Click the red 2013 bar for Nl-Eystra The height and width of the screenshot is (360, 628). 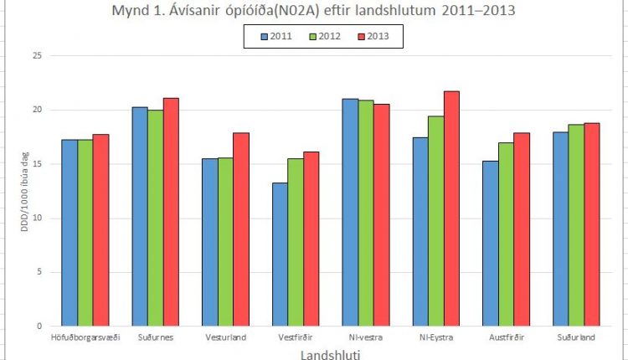(451, 208)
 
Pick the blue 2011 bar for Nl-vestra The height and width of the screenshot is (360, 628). (350, 213)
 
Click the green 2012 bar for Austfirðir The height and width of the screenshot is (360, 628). (506, 234)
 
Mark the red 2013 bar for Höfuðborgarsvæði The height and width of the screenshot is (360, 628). (100, 230)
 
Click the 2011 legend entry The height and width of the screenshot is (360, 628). (276, 37)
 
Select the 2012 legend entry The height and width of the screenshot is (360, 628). (324, 37)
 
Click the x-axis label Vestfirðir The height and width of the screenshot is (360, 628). (296, 337)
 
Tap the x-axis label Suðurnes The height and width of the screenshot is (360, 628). (156, 337)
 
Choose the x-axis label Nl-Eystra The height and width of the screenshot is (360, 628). (436, 337)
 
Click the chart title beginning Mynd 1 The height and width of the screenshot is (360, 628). (314, 11)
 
